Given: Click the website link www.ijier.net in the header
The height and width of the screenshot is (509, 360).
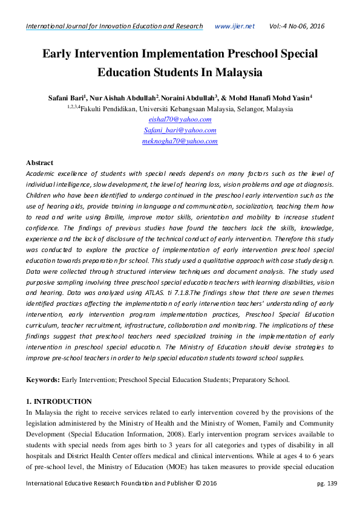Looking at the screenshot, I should pyautogui.click(x=235, y=27).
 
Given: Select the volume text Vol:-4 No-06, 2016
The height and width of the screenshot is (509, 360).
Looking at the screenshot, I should pyautogui.click(x=296, y=27).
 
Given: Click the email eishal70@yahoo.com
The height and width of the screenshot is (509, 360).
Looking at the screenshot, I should pyautogui.click(x=180, y=119).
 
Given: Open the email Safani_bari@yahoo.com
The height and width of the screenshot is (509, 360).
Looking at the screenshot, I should pyautogui.click(x=180, y=130).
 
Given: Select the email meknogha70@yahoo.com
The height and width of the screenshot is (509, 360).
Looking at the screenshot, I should pyautogui.click(x=180, y=141).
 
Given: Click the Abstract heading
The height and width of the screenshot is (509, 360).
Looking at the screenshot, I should pyautogui.click(x=39, y=163).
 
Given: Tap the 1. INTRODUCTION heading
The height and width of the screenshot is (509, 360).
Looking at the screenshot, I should pyautogui.click(x=59, y=401).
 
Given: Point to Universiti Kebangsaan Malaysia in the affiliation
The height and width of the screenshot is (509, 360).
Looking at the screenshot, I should pyautogui.click(x=190, y=109).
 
